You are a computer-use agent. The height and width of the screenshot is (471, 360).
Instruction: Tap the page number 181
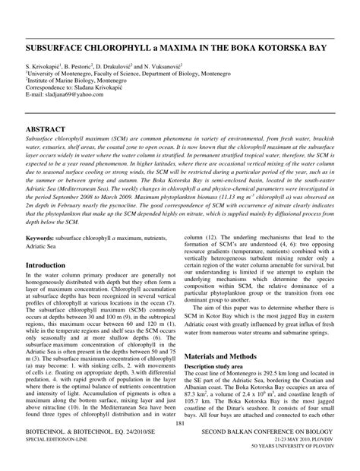click(180, 444)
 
